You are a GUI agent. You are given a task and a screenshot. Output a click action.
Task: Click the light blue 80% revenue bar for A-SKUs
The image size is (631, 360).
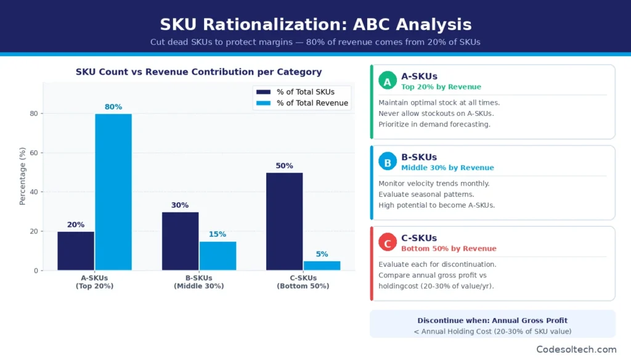click(113, 192)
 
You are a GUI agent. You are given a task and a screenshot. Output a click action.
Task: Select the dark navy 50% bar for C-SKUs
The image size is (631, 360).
click(285, 221)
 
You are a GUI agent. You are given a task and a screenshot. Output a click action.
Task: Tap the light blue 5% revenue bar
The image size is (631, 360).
click(322, 266)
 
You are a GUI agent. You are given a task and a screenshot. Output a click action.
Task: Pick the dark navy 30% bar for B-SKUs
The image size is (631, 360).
click(180, 241)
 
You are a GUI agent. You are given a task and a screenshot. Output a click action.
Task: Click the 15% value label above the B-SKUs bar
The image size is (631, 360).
click(217, 234)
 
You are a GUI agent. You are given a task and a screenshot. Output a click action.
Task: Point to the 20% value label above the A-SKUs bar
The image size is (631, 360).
click(76, 224)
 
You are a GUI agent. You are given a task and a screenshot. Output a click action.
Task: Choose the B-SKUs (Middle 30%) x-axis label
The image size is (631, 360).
click(198, 282)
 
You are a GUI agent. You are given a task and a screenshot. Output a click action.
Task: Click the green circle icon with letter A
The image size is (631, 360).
click(387, 81)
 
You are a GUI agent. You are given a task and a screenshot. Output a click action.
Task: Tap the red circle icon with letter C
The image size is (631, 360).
click(387, 243)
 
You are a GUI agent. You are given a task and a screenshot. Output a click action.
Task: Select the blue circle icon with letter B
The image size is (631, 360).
click(387, 163)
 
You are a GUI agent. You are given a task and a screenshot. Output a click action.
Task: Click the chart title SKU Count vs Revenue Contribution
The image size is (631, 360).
click(198, 72)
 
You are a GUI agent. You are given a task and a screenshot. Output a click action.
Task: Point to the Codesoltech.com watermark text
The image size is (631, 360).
click(576, 349)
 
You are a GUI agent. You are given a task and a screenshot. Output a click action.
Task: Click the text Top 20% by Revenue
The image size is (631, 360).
click(441, 87)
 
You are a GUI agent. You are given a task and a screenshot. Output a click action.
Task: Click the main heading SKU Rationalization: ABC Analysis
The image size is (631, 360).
click(315, 25)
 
